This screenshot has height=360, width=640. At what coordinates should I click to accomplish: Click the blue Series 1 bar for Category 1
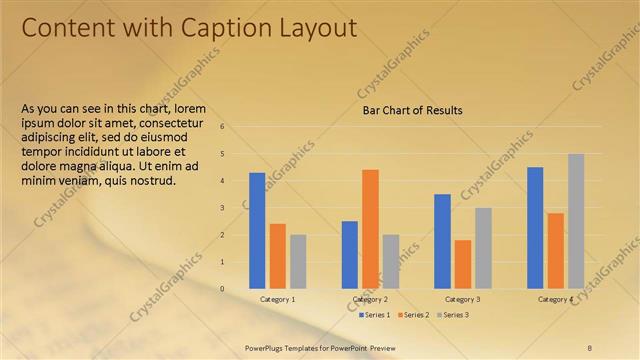(x=257, y=230)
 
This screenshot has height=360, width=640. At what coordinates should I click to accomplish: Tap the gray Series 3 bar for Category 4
(x=576, y=221)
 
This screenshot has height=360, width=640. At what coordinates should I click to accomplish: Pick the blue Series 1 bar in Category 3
(x=442, y=241)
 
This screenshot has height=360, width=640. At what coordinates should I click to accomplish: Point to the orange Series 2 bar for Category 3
(x=462, y=264)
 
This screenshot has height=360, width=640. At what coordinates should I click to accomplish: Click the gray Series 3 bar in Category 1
(x=298, y=261)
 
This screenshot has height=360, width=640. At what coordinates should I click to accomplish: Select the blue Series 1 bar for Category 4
(x=535, y=227)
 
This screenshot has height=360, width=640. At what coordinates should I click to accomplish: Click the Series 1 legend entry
(x=374, y=314)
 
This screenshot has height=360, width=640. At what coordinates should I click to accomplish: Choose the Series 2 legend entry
(x=413, y=314)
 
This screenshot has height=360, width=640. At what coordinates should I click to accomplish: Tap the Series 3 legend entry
(x=452, y=314)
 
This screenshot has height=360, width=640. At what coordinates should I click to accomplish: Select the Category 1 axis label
(x=277, y=299)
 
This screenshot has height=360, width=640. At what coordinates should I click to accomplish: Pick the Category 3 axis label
(x=462, y=299)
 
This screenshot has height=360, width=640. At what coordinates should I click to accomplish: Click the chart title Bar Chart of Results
(x=412, y=110)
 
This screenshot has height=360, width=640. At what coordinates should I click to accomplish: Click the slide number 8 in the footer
(x=589, y=347)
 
